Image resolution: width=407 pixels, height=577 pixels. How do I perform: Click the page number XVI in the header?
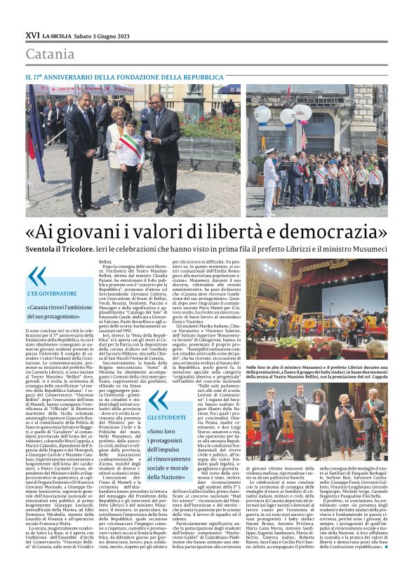(x=32, y=34)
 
